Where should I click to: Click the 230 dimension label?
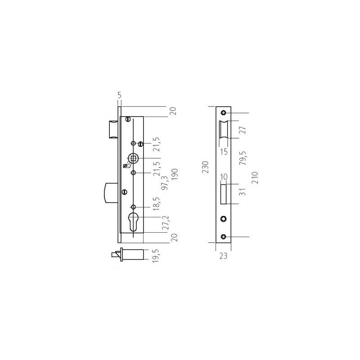coord(206,167)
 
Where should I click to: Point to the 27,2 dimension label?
coord(165,223)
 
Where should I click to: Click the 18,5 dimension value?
coord(156,204)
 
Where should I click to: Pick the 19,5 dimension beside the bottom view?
coord(156,256)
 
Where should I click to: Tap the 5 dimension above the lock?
coord(119,95)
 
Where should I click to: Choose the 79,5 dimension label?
coord(243,158)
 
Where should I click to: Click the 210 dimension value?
coord(255,177)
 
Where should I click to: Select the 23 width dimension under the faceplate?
coord(223,256)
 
